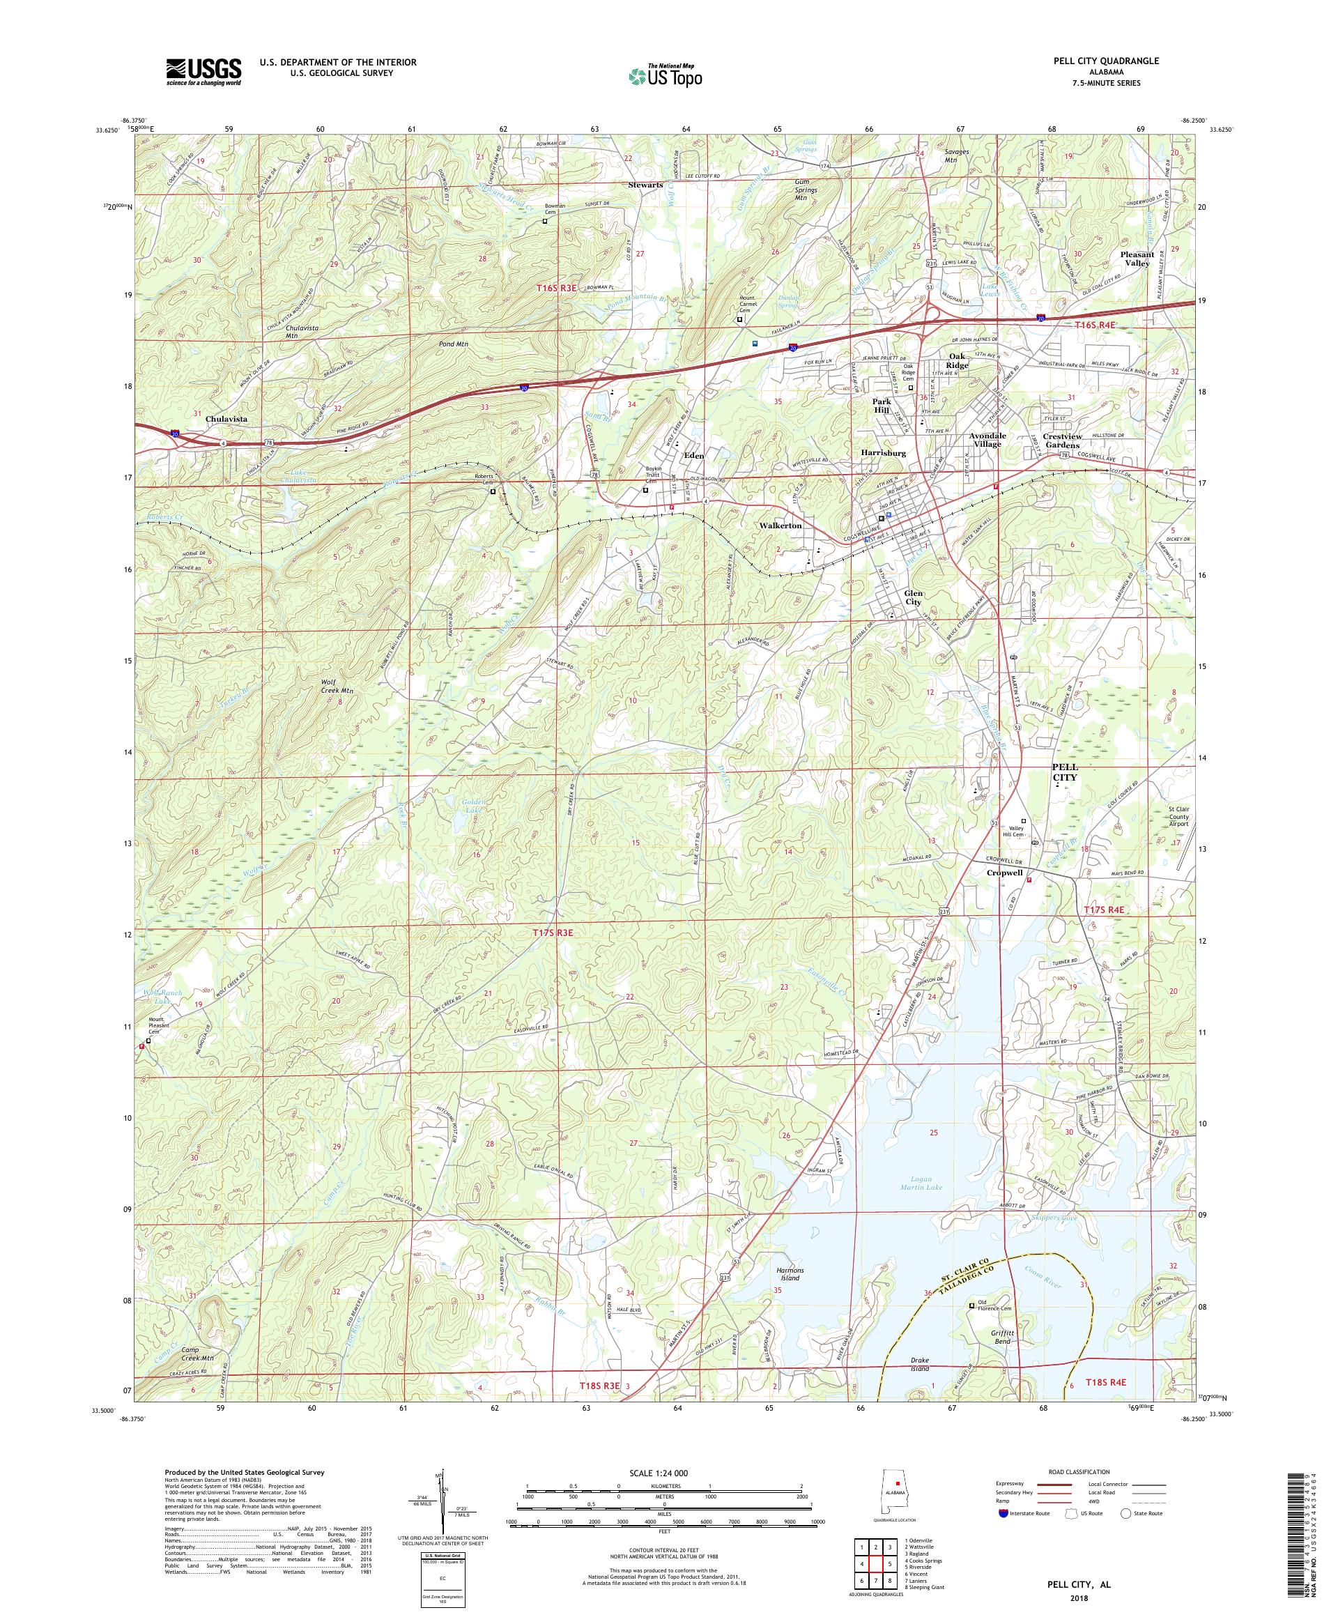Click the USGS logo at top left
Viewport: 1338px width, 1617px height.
pos(203,72)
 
